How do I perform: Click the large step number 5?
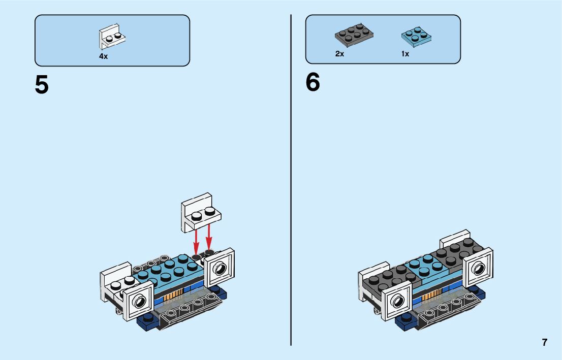42,85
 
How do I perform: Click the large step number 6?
313,82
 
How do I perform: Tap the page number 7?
545,342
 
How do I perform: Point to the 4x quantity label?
103,56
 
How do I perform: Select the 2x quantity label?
339,53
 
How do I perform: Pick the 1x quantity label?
405,53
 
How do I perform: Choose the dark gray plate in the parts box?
354,36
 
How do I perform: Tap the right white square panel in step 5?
220,268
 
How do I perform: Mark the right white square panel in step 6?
479,268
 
